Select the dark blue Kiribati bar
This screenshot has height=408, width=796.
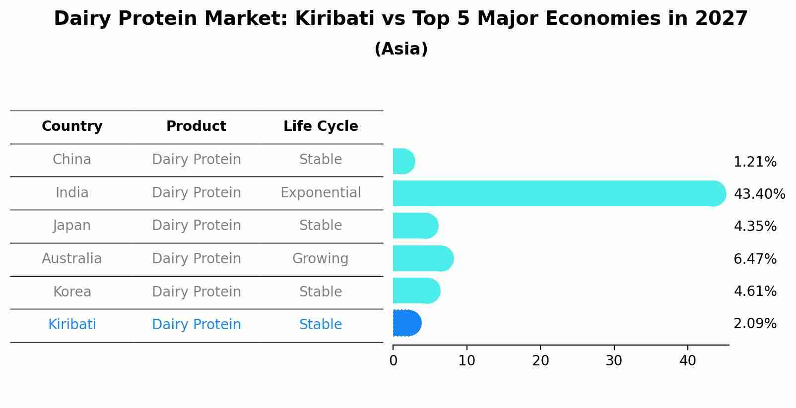pyautogui.click(x=406, y=323)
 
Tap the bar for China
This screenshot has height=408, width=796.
pyautogui.click(x=403, y=161)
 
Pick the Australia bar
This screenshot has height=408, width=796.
pyautogui.click(x=422, y=258)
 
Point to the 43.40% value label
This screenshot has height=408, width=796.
pyautogui.click(x=759, y=194)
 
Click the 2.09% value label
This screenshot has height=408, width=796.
pyautogui.click(x=754, y=324)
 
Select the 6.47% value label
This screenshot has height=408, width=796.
pyautogui.click(x=754, y=259)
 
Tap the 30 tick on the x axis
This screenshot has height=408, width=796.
pyautogui.click(x=614, y=361)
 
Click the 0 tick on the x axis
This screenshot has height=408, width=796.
pyautogui.click(x=393, y=361)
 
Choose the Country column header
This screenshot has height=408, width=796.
pyautogui.click(x=72, y=126)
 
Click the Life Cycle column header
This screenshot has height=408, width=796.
pyautogui.click(x=321, y=126)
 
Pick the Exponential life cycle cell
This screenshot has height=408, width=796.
pyautogui.click(x=321, y=193)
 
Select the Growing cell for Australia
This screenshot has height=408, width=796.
pyautogui.click(x=321, y=259)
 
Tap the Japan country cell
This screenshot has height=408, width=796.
pyautogui.click(x=72, y=226)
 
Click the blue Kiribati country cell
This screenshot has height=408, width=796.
pyautogui.click(x=72, y=325)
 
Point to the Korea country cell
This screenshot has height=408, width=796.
pyautogui.click(x=72, y=292)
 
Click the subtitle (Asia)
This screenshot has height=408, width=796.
pyautogui.click(x=401, y=49)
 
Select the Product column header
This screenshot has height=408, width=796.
pyautogui.click(x=196, y=126)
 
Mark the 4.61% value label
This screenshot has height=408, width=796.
pyautogui.click(x=754, y=291)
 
